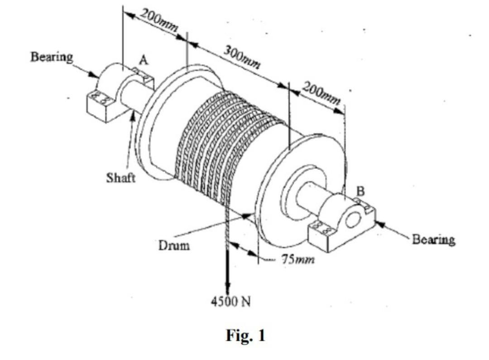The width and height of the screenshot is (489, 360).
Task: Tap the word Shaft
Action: pos(120,178)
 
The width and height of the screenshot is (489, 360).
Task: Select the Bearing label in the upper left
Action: pos(51,58)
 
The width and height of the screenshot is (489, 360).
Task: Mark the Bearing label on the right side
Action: pos(433,240)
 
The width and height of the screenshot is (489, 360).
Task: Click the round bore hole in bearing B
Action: pos(351,220)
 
